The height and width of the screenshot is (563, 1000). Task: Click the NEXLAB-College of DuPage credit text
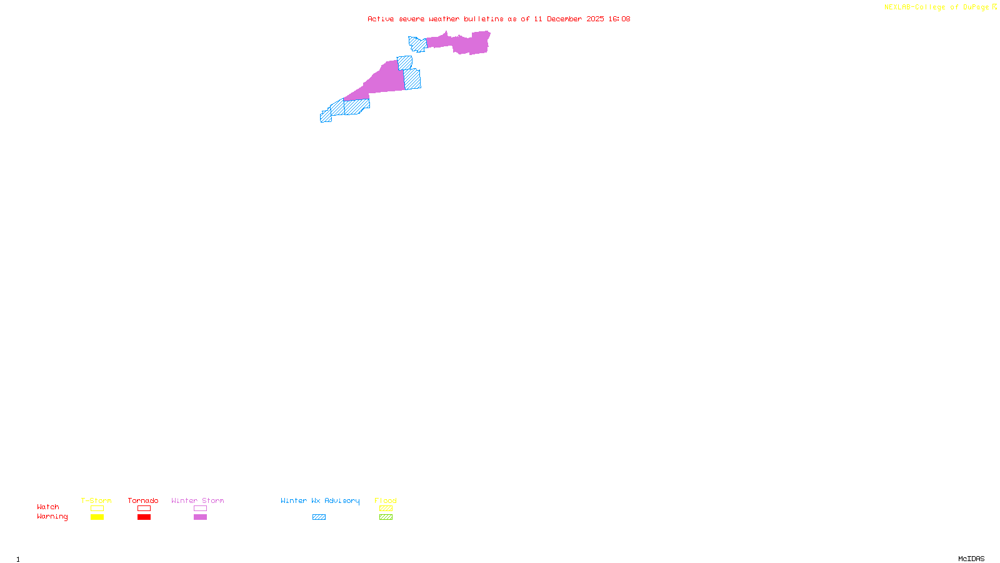coord(937,8)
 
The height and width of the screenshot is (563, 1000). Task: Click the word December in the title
coord(564,19)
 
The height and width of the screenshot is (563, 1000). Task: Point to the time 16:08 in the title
coord(619,19)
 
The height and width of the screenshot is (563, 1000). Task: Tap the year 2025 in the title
coord(595,19)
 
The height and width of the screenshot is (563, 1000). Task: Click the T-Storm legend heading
coord(96,500)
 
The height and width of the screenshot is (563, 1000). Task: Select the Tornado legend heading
coord(143,500)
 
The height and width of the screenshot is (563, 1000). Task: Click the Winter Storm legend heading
coord(197,500)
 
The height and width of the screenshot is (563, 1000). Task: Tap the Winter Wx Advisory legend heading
coord(320,500)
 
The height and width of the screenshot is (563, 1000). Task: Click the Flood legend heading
coord(386,500)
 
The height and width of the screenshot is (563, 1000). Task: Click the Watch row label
coord(48,507)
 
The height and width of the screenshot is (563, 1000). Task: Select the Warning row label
coord(52,517)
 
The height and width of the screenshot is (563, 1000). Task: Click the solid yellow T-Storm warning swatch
coord(97,517)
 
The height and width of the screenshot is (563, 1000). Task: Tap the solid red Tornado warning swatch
coord(144,517)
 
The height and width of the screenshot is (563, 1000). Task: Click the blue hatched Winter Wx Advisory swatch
coord(319,517)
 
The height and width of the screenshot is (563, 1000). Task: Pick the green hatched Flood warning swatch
coord(386,517)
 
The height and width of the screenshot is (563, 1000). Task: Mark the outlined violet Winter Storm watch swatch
coord(200,509)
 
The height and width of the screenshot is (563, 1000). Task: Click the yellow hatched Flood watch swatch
coord(386,509)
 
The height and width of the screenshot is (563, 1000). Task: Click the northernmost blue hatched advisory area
coord(417,44)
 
